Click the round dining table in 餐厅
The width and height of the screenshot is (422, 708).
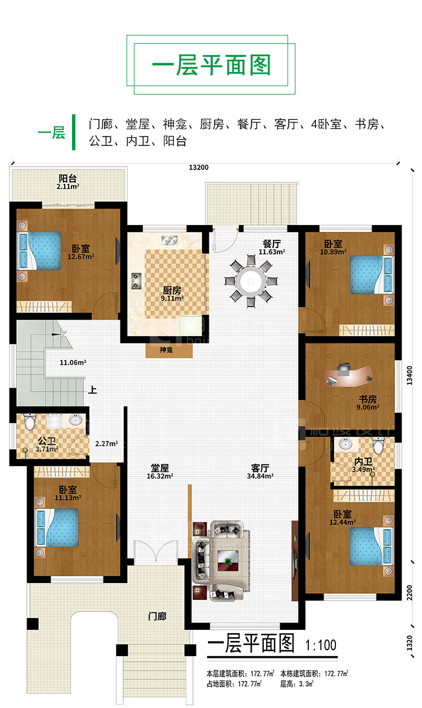[x=252, y=281]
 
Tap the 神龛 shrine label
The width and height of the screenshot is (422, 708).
[x=166, y=350]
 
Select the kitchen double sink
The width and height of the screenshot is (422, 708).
[x=169, y=240]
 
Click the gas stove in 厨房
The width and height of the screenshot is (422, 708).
[x=136, y=281]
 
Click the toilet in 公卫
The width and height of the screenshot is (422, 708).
[x=30, y=422]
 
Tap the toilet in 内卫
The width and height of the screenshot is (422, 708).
[x=378, y=445]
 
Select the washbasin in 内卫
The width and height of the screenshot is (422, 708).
[x=345, y=443]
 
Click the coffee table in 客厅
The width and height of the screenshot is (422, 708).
[x=227, y=561]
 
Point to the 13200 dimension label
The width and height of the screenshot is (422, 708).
[x=199, y=168]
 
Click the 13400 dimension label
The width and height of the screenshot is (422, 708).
[x=410, y=375]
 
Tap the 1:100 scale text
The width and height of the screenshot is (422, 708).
[x=321, y=646]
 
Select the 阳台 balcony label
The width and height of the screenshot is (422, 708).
[x=68, y=178]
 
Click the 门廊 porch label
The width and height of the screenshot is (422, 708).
[x=157, y=616]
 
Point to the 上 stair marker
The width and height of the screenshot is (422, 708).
[x=92, y=389]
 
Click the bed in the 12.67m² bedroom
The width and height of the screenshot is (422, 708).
[x=39, y=251]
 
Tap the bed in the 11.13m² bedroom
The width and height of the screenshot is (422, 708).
[x=57, y=527]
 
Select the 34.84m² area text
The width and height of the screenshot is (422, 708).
[x=260, y=476]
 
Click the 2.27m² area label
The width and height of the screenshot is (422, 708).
[x=106, y=443]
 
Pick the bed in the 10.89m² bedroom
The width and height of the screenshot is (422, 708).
[x=372, y=275]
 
